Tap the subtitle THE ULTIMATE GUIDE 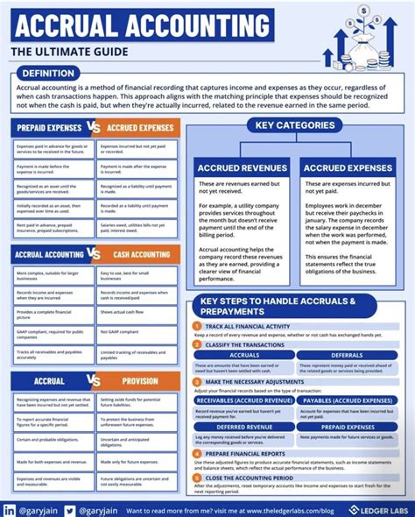pyautogui.click(x=69, y=53)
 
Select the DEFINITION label pyautogui.click(x=49, y=74)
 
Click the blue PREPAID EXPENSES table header pyautogui.click(x=49, y=128)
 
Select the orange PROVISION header pyautogui.click(x=141, y=381)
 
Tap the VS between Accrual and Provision pyautogui.click(x=95, y=381)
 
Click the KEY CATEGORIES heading pyautogui.click(x=295, y=125)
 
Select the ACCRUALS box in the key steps pyautogui.click(x=244, y=355)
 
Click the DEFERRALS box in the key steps pyautogui.click(x=348, y=355)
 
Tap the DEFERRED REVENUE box pyautogui.click(x=244, y=428)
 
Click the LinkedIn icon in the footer pyautogui.click(x=9, y=509)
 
